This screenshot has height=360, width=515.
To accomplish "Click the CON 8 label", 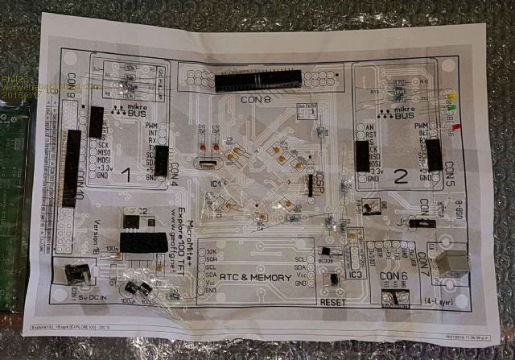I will tap(256, 100).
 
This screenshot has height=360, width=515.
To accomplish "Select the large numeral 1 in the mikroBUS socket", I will tap(125, 173).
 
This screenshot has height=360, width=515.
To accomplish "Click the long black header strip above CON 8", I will tap(257, 79).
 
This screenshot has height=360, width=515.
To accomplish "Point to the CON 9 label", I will tap(72, 84).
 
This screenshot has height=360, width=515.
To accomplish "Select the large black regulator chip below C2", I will tap(142, 241).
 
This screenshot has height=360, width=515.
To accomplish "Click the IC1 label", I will tap(216, 184).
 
